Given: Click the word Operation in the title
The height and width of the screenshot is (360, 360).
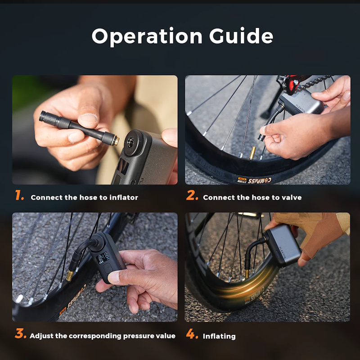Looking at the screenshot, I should (x=147, y=36).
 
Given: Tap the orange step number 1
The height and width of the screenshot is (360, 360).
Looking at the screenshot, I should (x=19, y=196).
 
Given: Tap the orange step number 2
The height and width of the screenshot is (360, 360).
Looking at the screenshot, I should (x=192, y=196).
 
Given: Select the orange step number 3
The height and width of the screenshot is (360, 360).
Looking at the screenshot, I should (x=20, y=334).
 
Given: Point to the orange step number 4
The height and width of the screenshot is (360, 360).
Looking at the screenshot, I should (x=192, y=334).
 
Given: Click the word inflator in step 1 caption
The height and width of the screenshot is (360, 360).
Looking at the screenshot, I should (x=124, y=197).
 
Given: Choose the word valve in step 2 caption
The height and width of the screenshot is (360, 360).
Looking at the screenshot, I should (x=291, y=197).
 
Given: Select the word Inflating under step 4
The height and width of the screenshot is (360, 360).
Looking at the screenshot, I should (x=219, y=336).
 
